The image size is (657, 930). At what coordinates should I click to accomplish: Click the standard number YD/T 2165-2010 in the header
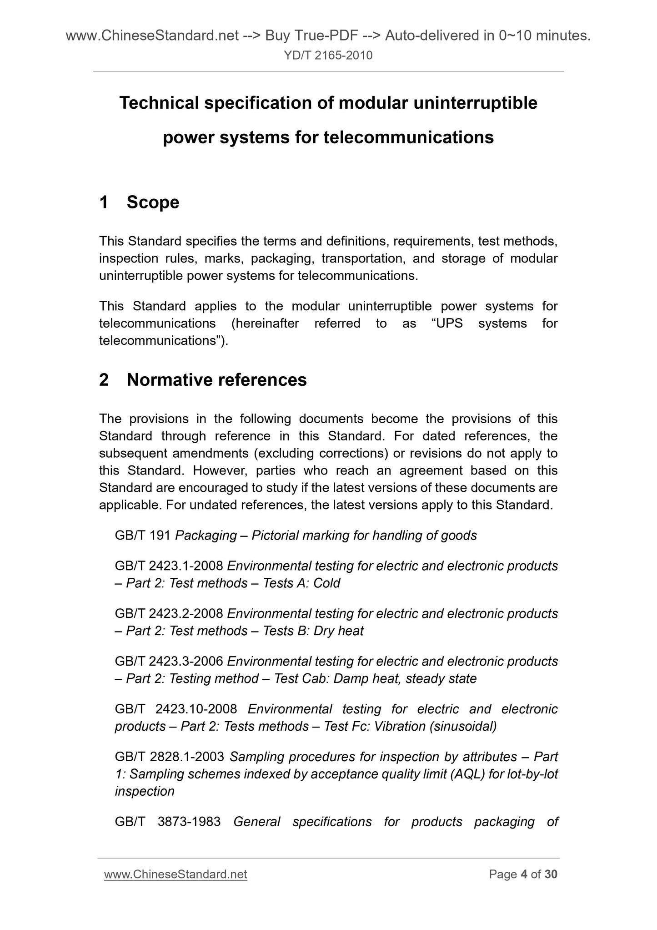coord(328,56)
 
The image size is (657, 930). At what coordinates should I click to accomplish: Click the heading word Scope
coord(153,202)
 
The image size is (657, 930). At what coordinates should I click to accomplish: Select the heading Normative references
coord(216,380)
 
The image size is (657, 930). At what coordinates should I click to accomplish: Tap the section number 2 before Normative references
coord(104,380)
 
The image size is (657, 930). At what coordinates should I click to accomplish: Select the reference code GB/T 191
coord(143,536)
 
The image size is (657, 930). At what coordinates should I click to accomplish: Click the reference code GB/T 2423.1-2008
coord(169,566)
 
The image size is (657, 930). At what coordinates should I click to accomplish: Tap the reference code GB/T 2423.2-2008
coord(169,614)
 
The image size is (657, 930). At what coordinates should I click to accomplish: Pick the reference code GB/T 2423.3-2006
coord(169,661)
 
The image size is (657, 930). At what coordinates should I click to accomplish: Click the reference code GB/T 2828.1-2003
coord(169,757)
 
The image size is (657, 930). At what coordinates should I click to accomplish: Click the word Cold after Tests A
coord(326,583)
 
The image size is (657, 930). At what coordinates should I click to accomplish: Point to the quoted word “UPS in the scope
coord(447,323)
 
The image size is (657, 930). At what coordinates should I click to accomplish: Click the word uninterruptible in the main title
coord(475,103)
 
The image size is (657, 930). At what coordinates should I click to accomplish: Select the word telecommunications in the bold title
coord(408,137)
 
